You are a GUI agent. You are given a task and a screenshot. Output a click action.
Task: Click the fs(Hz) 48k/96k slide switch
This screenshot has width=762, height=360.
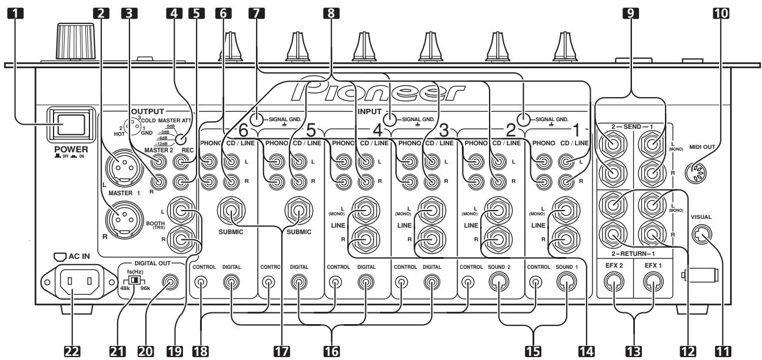tap(136, 281)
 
